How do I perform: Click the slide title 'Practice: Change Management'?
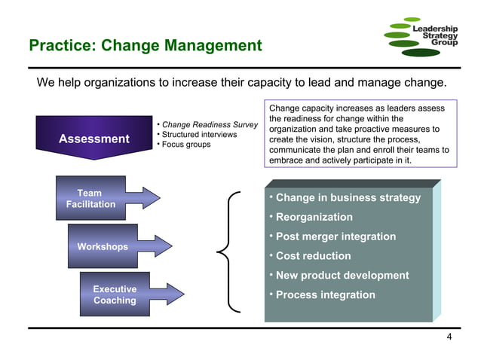point(145,46)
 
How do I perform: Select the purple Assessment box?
point(93,139)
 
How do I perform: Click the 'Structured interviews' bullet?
point(199,134)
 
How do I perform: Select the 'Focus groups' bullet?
point(186,144)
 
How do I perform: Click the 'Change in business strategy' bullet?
point(348,198)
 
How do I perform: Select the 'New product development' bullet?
point(342,276)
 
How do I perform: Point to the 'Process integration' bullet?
point(325,294)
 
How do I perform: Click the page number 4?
point(449,337)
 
